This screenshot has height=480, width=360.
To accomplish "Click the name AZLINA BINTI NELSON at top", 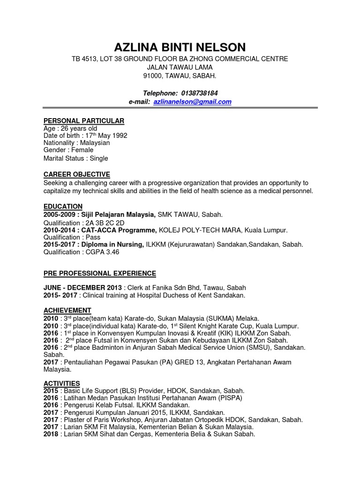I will point(180,47).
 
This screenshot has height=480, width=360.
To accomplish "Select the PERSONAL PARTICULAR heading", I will point(83,121).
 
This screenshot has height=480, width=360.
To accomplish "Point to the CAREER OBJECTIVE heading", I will point(76,174).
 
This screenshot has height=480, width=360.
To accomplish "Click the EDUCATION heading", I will point(63,206).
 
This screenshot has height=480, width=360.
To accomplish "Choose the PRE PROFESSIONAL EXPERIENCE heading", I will point(99,273).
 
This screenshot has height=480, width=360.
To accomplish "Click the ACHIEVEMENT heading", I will point(67,310).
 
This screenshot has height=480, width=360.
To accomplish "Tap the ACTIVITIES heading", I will point(61,383).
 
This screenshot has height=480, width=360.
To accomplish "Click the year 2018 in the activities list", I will point(51,434).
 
